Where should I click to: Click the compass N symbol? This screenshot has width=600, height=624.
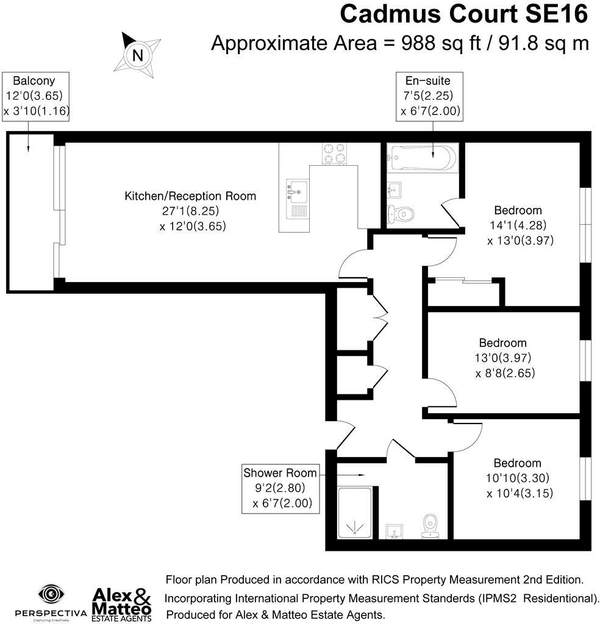tap(138, 55)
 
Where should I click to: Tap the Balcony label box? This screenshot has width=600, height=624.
tap(37, 96)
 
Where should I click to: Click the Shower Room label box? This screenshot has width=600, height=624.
tap(280, 488)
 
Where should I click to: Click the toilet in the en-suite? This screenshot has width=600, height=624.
tap(402, 213)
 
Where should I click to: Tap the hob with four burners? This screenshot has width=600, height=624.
tap(334, 154)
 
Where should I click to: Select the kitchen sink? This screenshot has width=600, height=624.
tap(296, 191)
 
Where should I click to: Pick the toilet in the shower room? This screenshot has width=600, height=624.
tap(430, 526)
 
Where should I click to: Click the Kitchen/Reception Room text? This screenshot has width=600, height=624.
tap(190, 196)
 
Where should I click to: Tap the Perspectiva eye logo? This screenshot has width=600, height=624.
tap(52, 594)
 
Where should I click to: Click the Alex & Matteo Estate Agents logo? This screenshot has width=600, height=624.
tap(121, 603)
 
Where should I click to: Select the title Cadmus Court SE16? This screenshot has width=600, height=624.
tap(464, 13)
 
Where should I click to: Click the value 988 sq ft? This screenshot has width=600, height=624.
tap(434, 43)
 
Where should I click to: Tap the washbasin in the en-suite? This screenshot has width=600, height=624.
tap(394, 190)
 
